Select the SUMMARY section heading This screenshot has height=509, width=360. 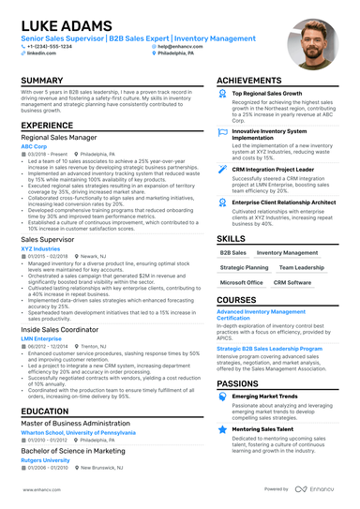(43, 82)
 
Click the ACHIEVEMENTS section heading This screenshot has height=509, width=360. (249, 82)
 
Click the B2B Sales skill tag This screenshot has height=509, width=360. (232, 253)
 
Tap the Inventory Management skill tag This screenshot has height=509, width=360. (286, 253)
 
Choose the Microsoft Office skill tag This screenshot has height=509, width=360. (241, 282)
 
